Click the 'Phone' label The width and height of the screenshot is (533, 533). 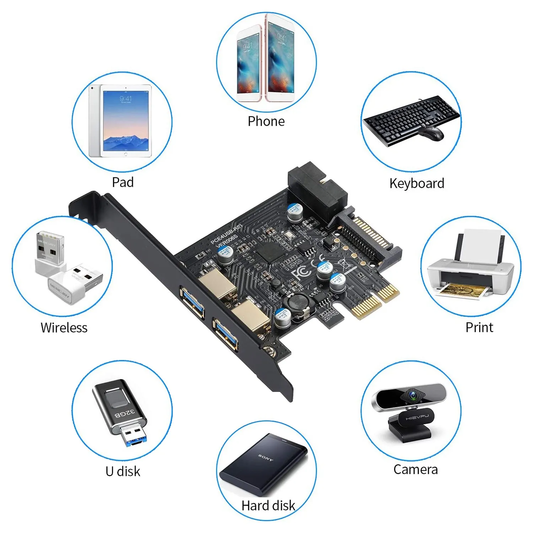point(266,122)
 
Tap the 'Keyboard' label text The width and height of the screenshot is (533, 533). point(416,183)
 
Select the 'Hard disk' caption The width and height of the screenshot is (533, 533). point(268,505)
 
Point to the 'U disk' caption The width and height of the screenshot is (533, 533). point(123,472)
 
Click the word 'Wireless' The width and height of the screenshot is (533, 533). point(64,328)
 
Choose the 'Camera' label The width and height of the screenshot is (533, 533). point(415,469)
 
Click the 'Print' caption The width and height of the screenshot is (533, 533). point(479,328)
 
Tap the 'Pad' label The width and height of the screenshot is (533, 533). point(123,182)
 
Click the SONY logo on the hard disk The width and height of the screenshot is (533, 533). point(266,457)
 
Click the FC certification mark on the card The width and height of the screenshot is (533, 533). point(300,272)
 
